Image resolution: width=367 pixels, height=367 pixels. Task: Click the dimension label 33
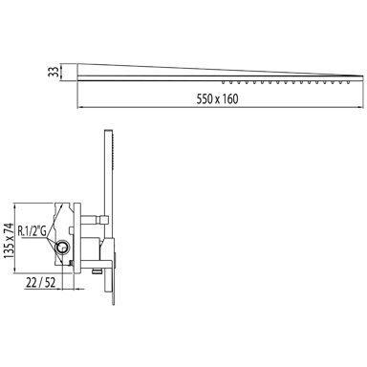pyautogui.click(x=53, y=71)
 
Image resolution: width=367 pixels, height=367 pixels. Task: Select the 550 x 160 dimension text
pyautogui.click(x=217, y=99)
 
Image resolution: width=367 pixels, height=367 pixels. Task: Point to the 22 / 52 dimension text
pyautogui.click(x=41, y=282)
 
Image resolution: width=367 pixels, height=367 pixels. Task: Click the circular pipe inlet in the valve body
pyautogui.click(x=61, y=247)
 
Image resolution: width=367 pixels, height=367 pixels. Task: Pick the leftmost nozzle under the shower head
pyautogui.click(x=224, y=82)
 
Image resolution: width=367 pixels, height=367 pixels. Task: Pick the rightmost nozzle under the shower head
pyautogui.click(x=349, y=82)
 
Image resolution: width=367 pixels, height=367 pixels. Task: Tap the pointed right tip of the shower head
pyautogui.click(x=363, y=76)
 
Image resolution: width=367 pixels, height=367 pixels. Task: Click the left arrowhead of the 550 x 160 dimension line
pyautogui.click(x=79, y=108)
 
